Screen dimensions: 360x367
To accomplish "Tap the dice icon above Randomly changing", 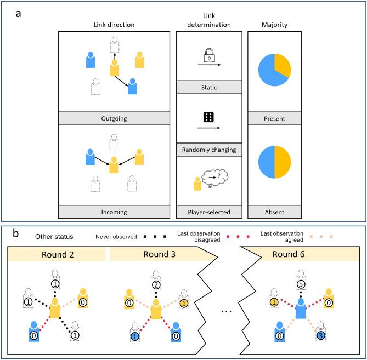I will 208,117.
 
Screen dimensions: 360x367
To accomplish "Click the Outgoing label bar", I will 114,118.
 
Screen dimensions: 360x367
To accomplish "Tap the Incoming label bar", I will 114,211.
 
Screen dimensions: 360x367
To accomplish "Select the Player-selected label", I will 208,211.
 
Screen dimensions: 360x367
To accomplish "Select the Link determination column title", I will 208,21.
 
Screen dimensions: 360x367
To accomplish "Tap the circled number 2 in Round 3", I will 157,285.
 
